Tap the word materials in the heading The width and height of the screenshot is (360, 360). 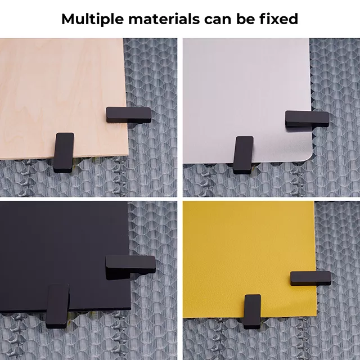coord(159,19)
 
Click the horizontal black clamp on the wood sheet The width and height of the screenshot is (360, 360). coord(129,114)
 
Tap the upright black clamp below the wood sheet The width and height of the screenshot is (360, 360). coord(64,151)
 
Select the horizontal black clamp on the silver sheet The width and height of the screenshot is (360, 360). coord(307,118)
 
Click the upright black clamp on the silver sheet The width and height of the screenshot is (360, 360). coord(244,154)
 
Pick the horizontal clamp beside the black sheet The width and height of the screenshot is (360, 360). coord(130,265)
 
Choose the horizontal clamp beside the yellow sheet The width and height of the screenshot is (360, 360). coord(310,278)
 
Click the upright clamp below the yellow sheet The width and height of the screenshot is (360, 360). coord(253,310)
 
